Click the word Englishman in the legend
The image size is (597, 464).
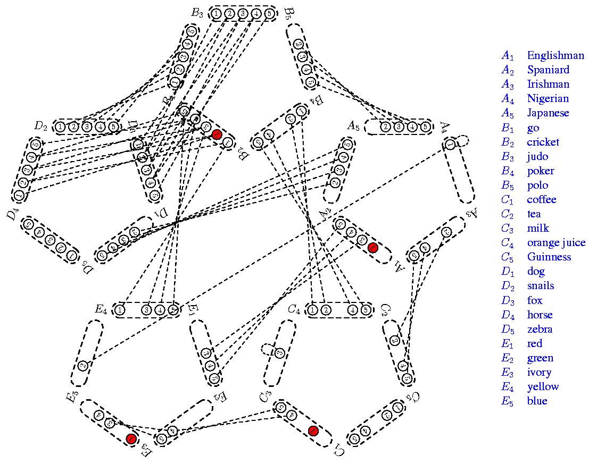(555, 55)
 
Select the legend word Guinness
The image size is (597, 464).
(549, 257)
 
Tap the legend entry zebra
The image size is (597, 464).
(540, 329)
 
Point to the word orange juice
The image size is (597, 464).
(556, 243)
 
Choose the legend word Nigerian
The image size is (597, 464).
(548, 98)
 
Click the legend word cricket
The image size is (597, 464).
(543, 142)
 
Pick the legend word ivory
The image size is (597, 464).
(539, 372)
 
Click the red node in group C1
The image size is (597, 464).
(313, 431)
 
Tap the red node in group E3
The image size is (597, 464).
(131, 438)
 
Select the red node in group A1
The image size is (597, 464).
(373, 247)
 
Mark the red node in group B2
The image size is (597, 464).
(217, 134)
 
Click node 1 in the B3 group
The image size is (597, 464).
(217, 13)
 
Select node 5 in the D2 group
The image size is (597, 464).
(112, 126)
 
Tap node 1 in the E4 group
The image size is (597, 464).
(120, 310)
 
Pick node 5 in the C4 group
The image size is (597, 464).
(365, 310)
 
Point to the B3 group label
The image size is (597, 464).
(197, 13)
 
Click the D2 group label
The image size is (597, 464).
(41, 126)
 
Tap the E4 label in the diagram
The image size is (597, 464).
(101, 309)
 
